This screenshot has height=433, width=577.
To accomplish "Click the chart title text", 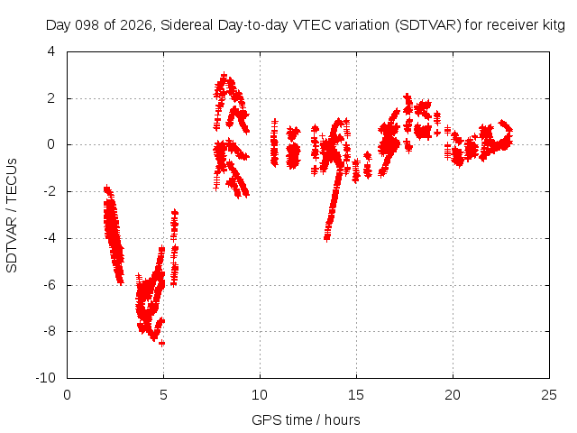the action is [305, 25].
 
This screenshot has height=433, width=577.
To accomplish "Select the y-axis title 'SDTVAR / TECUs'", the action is [12, 216].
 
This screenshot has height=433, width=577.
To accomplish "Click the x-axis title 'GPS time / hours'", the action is [306, 419].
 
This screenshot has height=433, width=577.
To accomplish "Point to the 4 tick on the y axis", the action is [51, 51].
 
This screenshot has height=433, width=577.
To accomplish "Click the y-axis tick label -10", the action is [45, 377].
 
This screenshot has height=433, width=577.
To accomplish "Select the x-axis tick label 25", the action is [549, 395].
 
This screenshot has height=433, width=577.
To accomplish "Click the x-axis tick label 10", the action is [260, 395].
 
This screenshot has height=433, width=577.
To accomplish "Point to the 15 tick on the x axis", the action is [356, 395].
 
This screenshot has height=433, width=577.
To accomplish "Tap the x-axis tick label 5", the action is [163, 395].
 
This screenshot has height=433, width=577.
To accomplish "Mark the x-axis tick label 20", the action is [453, 395].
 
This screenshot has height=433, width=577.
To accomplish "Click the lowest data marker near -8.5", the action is [161, 343].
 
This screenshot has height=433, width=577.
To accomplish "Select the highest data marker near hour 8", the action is [224, 76].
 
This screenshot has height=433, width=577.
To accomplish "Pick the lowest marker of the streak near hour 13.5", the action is [326, 238].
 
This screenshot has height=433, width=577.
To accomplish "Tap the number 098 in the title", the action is [87, 25].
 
